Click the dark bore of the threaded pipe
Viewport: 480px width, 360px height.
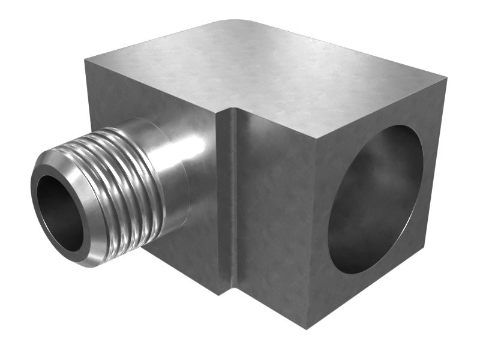tap(59, 213)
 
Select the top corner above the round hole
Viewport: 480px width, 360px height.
tap(445, 77)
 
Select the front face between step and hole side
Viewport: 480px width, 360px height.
tap(276, 210)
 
